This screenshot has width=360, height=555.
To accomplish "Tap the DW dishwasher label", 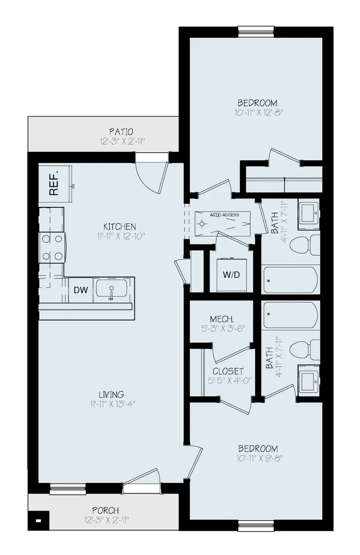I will click(x=81, y=290).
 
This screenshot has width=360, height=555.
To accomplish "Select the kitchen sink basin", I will click(x=112, y=289).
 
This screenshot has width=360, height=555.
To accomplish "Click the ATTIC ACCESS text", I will click(x=224, y=215).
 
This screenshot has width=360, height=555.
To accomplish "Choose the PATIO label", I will click(x=121, y=132).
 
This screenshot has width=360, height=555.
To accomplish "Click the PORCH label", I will click(x=106, y=511).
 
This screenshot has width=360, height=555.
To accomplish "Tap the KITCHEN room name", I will click(x=119, y=227).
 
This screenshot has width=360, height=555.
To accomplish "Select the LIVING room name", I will click(x=112, y=395).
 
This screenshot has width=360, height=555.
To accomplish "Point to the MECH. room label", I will click(x=222, y=319).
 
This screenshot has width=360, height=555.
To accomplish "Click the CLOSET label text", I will click(x=228, y=371).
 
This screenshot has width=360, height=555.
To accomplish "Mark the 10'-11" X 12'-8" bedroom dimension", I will click(x=259, y=113).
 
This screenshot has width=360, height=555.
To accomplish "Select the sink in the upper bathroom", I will click(x=308, y=212).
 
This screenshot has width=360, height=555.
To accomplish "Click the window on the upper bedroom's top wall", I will click(x=256, y=32).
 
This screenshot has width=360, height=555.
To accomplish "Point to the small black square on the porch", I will click(x=38, y=521).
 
